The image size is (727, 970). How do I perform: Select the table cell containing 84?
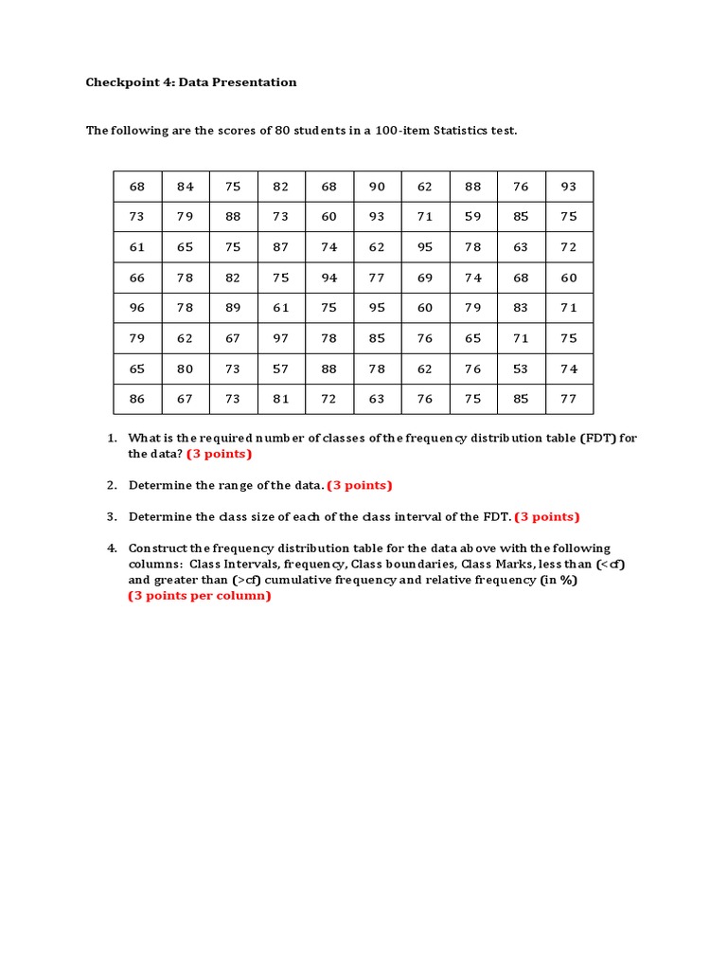point(186,187)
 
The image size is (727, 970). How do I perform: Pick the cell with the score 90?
point(377,187)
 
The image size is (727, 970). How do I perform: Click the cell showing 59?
point(473,217)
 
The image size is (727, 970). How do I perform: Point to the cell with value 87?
point(281,247)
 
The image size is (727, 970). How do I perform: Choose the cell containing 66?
point(137,278)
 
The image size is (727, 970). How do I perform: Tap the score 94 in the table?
point(329,278)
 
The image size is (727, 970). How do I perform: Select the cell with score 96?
point(137,308)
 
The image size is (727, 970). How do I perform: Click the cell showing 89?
point(233,308)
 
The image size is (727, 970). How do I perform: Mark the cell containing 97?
point(281,338)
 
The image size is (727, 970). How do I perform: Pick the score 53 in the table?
point(521,368)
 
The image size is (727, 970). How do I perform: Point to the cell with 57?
point(281,368)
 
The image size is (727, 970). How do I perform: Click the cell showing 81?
point(281,399)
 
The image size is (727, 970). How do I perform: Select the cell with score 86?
point(137,399)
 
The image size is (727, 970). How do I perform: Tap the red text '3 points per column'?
point(200,596)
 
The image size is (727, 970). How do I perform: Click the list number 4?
point(111,548)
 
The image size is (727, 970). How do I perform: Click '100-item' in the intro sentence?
point(402,131)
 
